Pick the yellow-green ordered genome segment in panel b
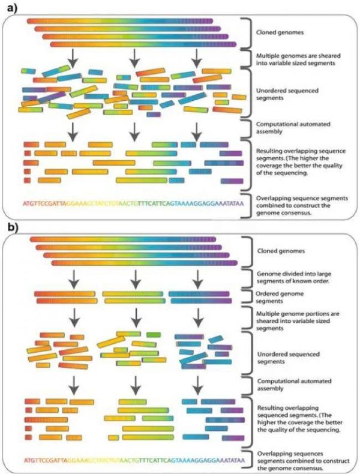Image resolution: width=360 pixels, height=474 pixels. coord(131,296)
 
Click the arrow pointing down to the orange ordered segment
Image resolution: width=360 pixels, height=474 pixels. coord(72,278)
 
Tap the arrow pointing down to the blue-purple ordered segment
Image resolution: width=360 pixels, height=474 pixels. coord(194,278)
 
